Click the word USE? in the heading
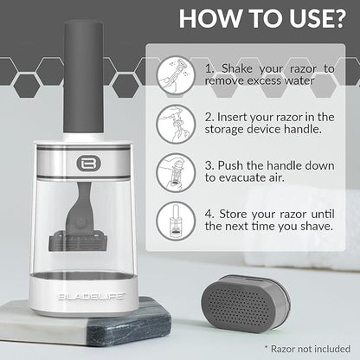point(318,18)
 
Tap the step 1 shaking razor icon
point(176,75)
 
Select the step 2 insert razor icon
point(176,124)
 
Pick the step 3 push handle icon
point(176,172)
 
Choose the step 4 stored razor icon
point(176,221)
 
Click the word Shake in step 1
point(237,68)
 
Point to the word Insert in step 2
point(232,117)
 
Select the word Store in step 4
point(232,214)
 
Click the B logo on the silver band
point(88,164)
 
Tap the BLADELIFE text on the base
point(92,297)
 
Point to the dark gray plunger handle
point(83,77)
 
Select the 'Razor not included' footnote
point(307,349)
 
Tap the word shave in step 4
point(317,226)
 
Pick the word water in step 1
point(299,80)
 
